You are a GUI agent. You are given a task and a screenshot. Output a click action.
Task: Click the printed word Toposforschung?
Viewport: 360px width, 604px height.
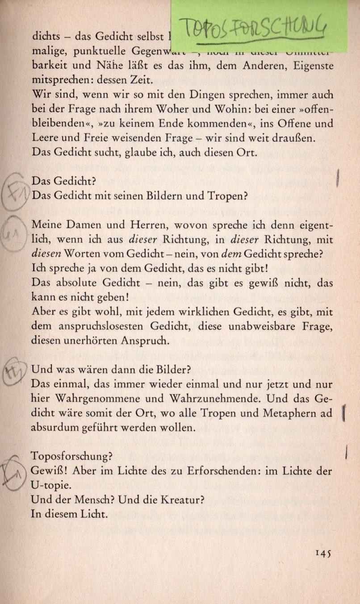tap(71, 457)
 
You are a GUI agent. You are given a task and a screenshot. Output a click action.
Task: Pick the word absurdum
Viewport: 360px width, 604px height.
tap(54, 427)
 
